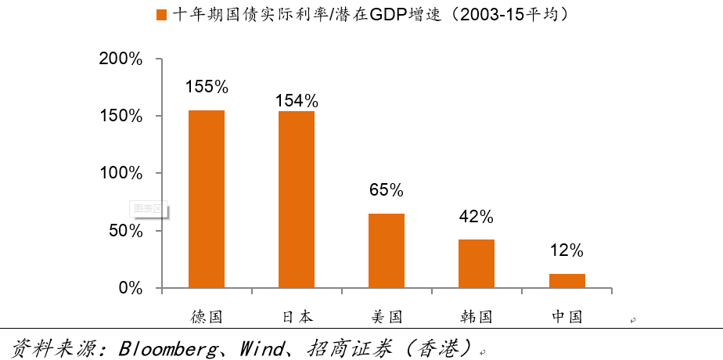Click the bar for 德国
(x=207, y=199)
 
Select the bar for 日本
(x=297, y=200)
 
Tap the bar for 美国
(x=387, y=250)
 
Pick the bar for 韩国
(x=477, y=263)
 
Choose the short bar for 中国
(x=567, y=280)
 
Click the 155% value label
(x=207, y=87)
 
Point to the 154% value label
(x=297, y=100)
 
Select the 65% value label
(x=387, y=190)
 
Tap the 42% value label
(x=477, y=216)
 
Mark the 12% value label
(x=567, y=250)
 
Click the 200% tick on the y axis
(x=121, y=59)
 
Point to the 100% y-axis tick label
(x=121, y=173)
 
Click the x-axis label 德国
(x=207, y=317)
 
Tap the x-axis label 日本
(x=297, y=317)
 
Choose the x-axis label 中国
(x=567, y=317)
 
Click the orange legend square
(x=162, y=15)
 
